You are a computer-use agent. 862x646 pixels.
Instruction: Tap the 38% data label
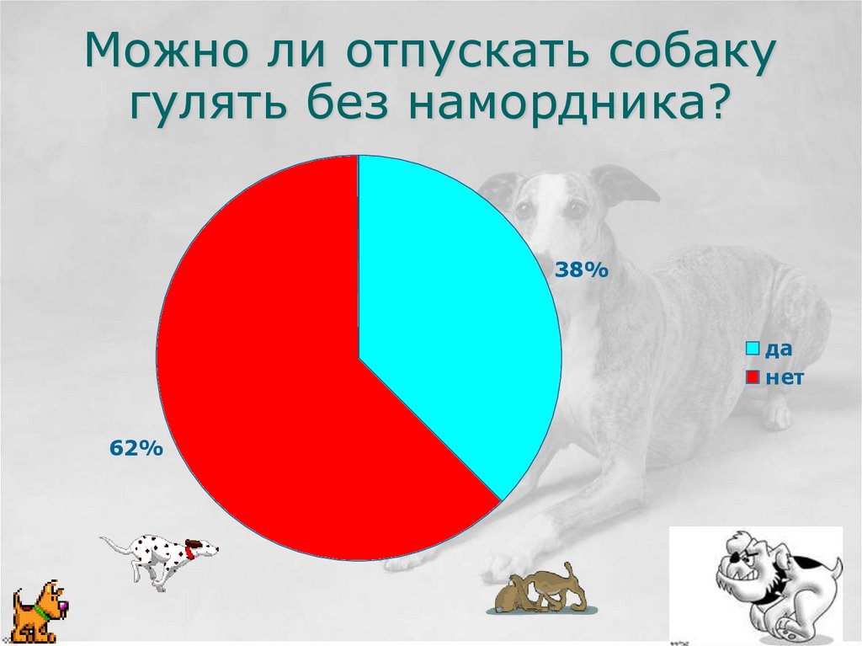pyautogui.click(x=580, y=270)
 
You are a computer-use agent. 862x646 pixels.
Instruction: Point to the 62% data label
pyautogui.click(x=136, y=449)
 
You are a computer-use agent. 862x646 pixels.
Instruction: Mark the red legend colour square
pyautogui.click(x=753, y=377)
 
